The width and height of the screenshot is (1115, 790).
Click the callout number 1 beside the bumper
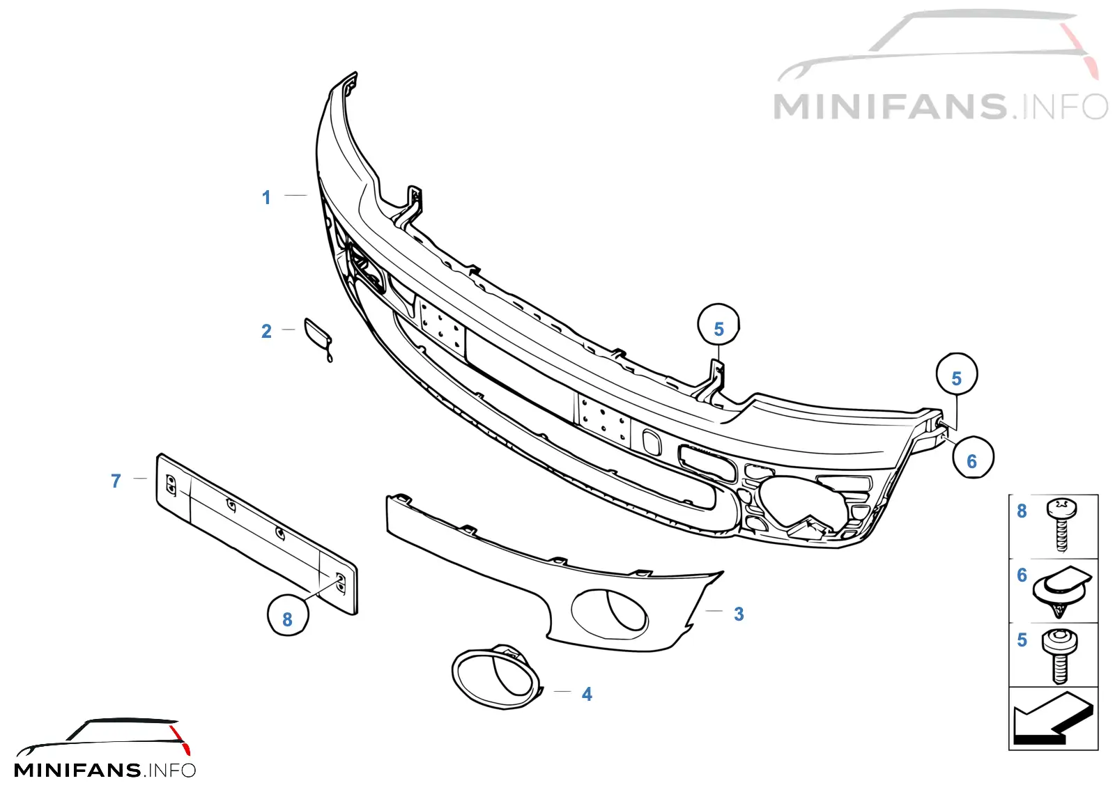(266, 198)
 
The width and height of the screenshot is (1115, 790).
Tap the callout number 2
(266, 332)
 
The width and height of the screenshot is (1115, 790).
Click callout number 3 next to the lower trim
(739, 614)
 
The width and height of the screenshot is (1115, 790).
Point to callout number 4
(587, 695)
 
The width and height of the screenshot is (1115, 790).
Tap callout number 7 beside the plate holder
(116, 481)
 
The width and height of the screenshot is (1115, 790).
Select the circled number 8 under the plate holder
(288, 615)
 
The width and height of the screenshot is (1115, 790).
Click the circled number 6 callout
(973, 457)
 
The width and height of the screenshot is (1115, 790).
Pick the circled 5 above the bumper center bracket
(718, 325)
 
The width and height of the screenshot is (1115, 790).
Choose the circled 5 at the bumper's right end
(956, 374)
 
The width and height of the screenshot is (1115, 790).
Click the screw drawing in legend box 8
(1061, 525)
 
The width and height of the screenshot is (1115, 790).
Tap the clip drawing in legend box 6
(1062, 591)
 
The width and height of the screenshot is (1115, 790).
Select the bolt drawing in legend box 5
(1060, 655)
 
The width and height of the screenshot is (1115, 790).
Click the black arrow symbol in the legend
(1053, 718)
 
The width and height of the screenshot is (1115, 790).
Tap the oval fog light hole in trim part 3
(610, 616)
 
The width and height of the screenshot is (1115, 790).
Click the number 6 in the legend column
(1022, 575)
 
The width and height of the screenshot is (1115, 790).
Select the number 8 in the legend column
(1022, 511)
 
